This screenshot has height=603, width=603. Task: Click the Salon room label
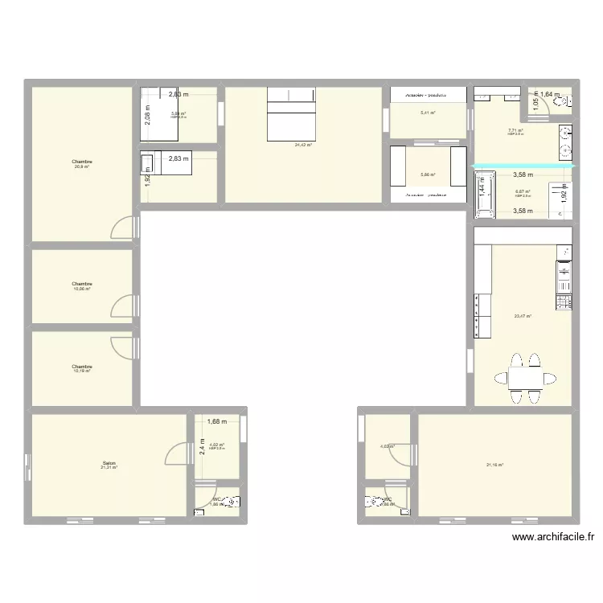click(109, 464)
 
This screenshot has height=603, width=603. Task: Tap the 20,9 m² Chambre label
click(82, 162)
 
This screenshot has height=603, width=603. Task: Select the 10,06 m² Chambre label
click(82, 285)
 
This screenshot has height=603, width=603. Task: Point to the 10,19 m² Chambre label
click(82, 367)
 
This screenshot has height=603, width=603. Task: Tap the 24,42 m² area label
click(303, 146)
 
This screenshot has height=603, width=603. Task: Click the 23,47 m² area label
click(523, 316)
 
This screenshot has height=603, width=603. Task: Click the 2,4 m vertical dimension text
click(203, 445)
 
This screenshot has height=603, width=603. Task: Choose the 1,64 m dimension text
click(550, 95)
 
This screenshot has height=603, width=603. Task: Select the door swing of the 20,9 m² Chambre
click(121, 228)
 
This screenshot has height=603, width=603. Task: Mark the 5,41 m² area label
click(428, 113)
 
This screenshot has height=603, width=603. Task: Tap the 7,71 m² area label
click(515, 131)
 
